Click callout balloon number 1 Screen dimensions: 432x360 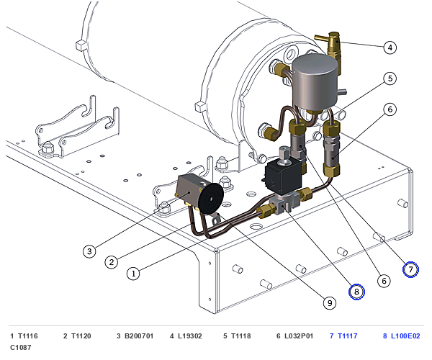click(133, 274)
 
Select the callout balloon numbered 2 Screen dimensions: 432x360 click(112, 261)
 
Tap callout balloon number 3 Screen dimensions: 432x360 click(89, 251)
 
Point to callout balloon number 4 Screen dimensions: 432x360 click(390, 48)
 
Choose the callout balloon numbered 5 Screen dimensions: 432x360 click(390, 78)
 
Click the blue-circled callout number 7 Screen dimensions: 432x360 click(410, 269)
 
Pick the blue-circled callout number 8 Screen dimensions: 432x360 click(356, 292)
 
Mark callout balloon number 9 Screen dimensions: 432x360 click(330, 303)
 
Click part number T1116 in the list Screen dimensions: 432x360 click(28, 336)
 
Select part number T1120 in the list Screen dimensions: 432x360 click(81, 336)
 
